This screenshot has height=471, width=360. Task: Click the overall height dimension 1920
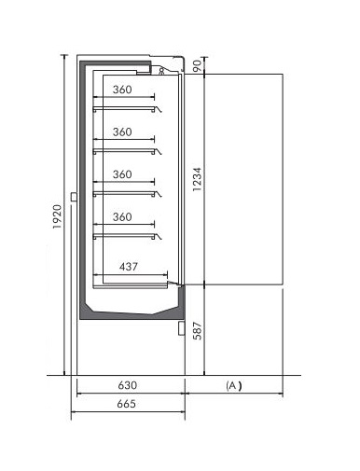[x=57, y=216]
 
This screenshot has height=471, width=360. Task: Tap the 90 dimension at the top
[x=198, y=65]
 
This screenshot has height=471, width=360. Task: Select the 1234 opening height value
[x=197, y=179]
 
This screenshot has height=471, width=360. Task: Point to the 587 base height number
[x=197, y=330]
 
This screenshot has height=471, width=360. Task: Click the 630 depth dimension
[x=128, y=385]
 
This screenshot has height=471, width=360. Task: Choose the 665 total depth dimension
[x=127, y=404]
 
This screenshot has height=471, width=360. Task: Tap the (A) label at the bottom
[x=234, y=385]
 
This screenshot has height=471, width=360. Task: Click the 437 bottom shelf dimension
[x=129, y=267]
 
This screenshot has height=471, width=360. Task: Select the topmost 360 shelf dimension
[x=122, y=90]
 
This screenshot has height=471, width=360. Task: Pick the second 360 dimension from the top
[x=122, y=132]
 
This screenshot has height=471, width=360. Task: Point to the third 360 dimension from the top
[x=122, y=174]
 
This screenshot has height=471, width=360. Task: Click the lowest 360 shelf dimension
[x=122, y=216]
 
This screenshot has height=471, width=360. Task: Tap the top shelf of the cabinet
[x=124, y=108]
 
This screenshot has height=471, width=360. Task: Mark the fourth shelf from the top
[x=124, y=236]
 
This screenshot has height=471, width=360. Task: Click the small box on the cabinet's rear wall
[x=74, y=197]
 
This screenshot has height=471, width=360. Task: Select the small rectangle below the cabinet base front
[x=182, y=328]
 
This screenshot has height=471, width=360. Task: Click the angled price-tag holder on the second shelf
[x=159, y=151]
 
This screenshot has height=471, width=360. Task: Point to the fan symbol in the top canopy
[x=161, y=72]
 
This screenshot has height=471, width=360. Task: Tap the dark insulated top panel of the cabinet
[x=116, y=63]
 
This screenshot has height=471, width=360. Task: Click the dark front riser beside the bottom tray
[x=182, y=301]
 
